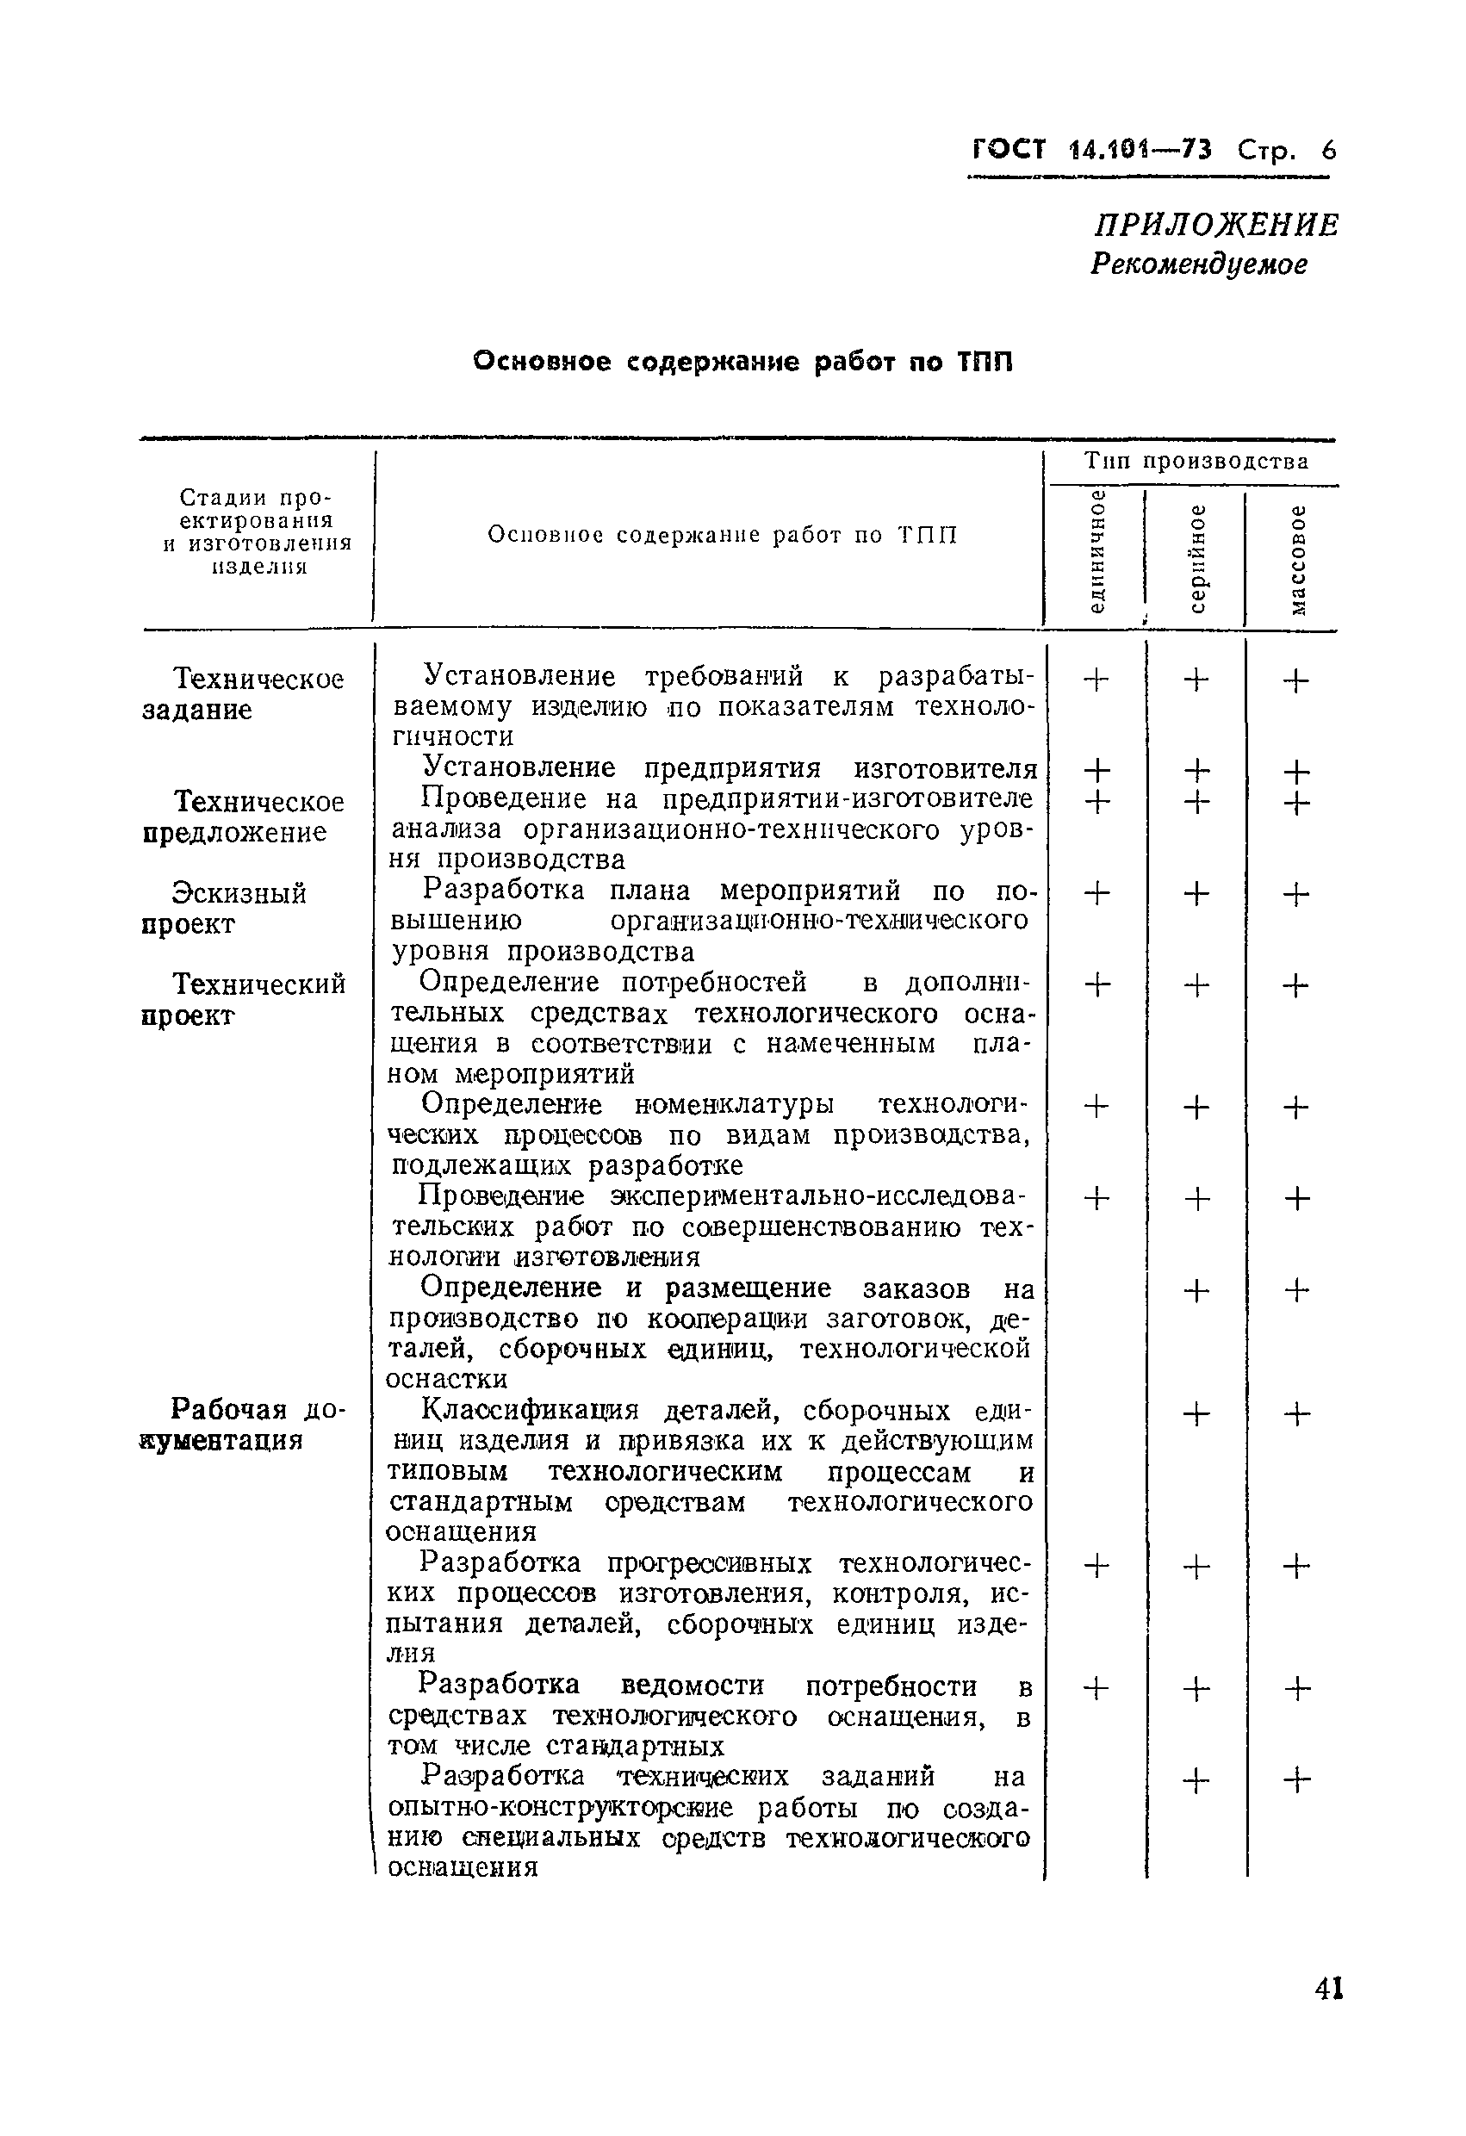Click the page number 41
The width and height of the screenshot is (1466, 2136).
pos(1329,1989)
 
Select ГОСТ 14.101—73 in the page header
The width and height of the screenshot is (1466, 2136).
pos(1091,149)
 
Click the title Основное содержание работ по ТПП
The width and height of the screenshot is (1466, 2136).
pos(742,362)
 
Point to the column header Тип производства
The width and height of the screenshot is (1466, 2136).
pos(1196,462)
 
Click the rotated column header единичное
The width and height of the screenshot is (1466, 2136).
pos(1096,552)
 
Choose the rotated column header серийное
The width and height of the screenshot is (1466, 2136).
pos(1196,558)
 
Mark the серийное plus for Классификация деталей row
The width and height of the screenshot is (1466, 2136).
pos(1196,1413)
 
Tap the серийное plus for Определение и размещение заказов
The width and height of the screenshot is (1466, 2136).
pos(1196,1291)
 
